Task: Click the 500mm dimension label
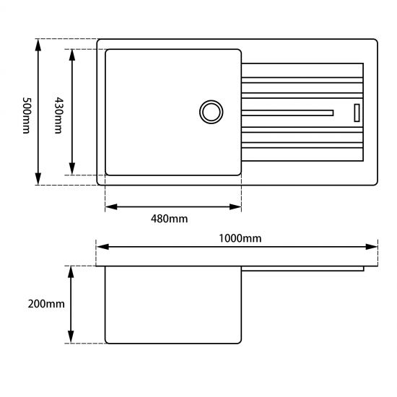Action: (27, 112)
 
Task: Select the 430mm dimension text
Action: (58, 112)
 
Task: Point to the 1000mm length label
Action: (241, 237)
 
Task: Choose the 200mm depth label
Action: (44, 304)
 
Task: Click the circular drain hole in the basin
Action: (211, 112)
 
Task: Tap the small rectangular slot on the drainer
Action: (356, 112)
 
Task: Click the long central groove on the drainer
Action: (289, 112)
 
